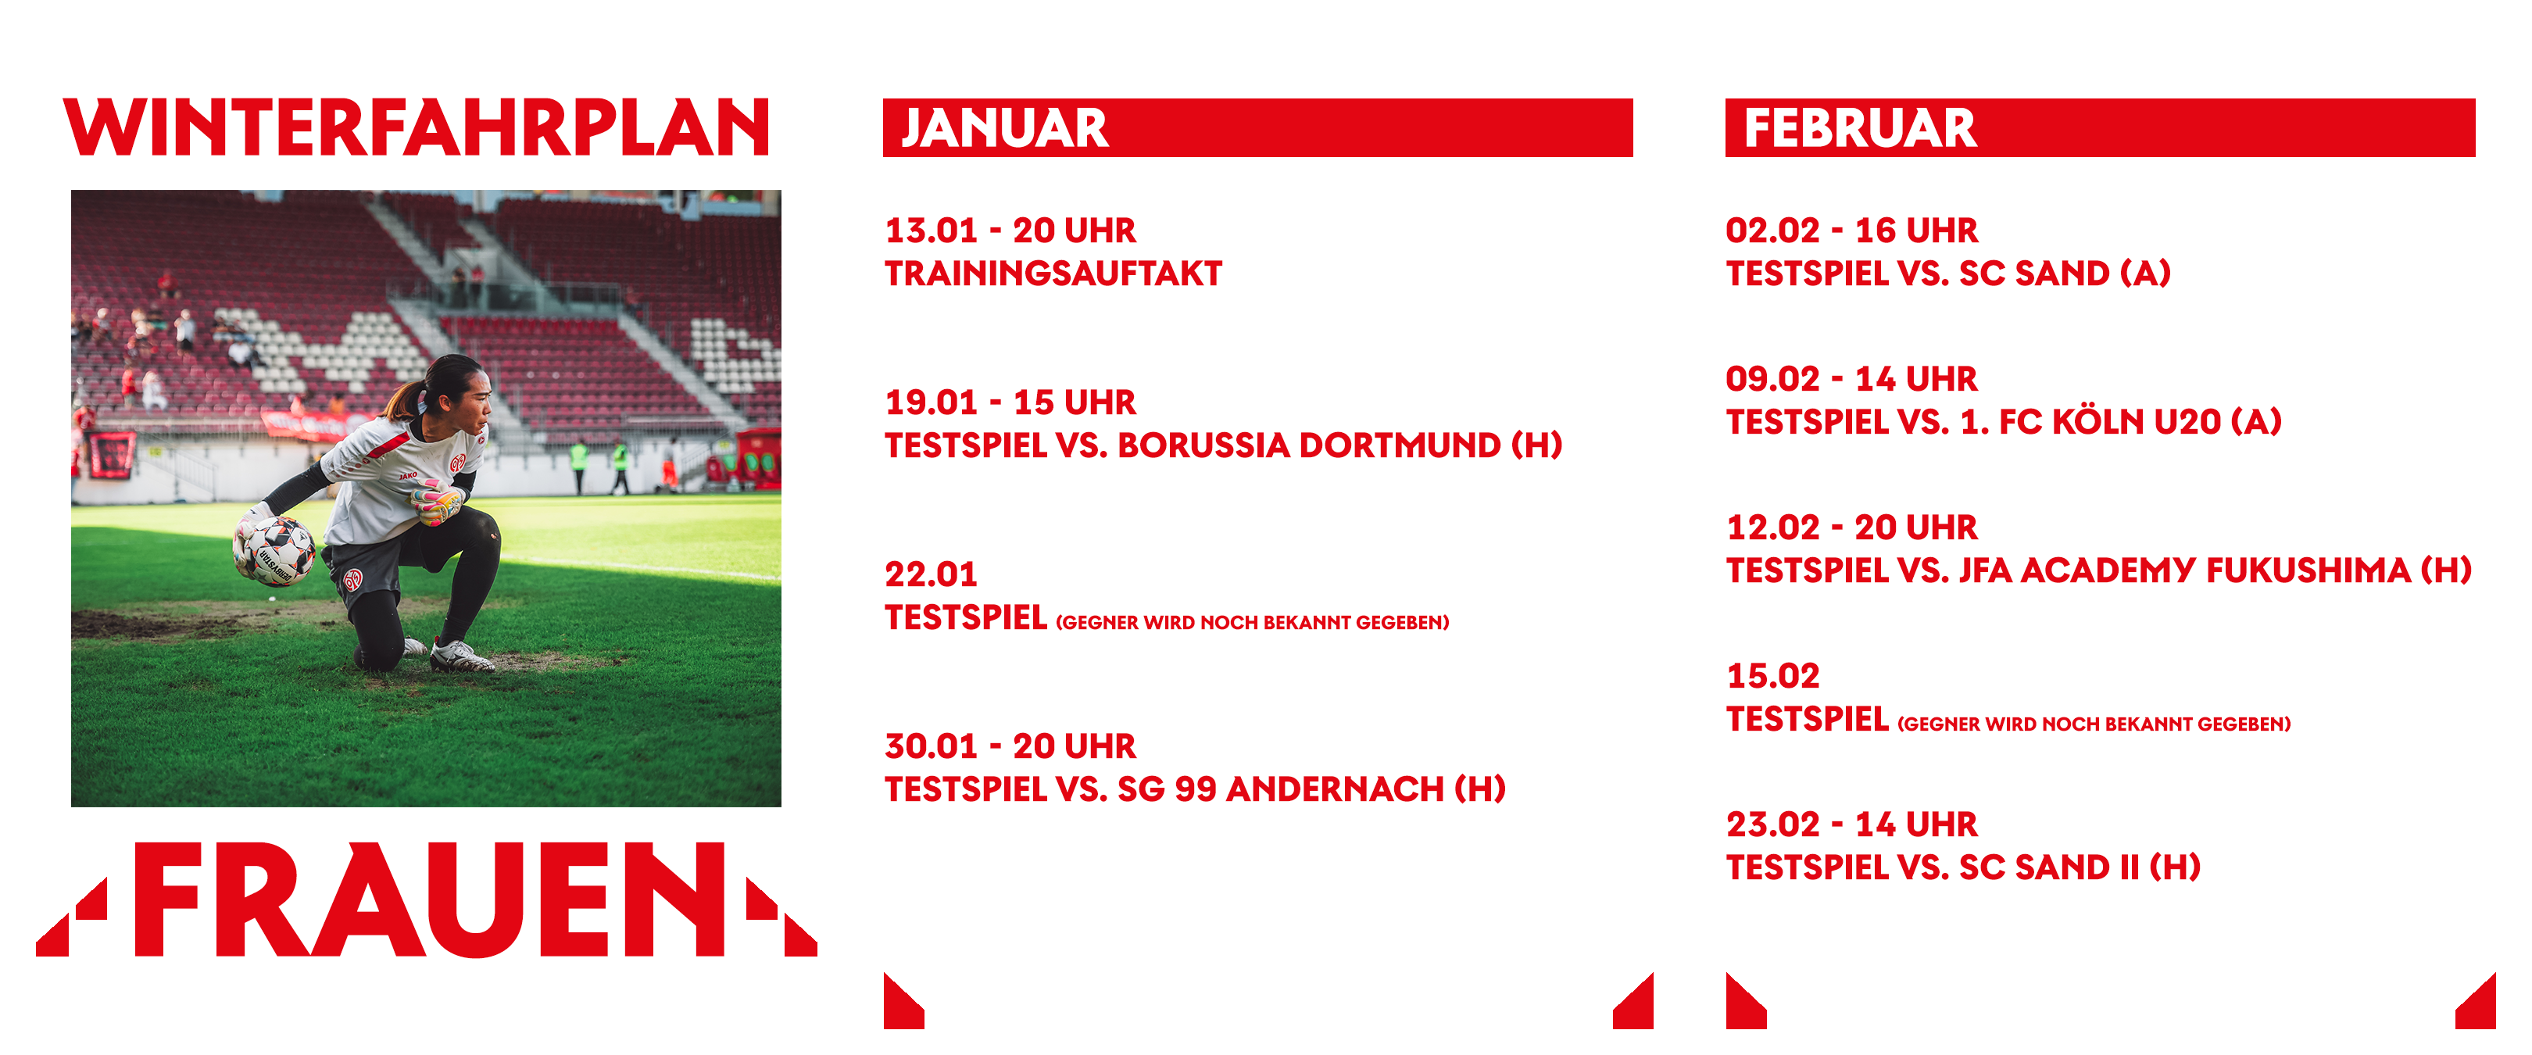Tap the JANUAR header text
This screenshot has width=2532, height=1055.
coord(1004,128)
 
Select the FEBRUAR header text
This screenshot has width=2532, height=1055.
coord(1860,128)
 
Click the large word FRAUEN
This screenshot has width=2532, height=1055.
coord(430,899)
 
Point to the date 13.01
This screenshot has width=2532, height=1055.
coord(931,230)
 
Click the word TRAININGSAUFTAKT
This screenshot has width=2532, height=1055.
coord(1053,274)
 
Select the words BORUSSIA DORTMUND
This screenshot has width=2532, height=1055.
coord(1309,445)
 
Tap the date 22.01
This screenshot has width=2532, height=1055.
coord(931,574)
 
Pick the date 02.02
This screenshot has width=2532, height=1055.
coord(1773,230)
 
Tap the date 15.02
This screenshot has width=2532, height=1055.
coord(1773,675)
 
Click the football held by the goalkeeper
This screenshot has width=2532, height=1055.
coord(274,551)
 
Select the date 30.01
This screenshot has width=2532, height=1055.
coord(931,746)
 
